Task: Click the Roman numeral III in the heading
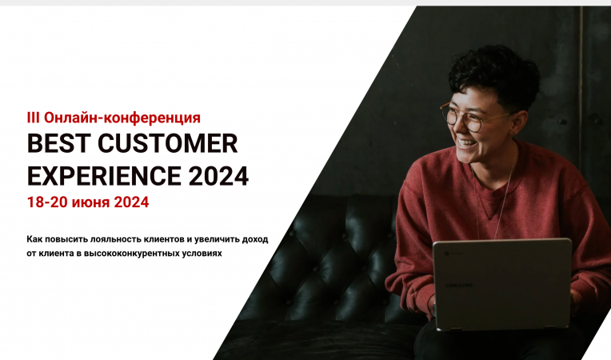pyautogui.click(x=34, y=118)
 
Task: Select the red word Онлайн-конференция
pyautogui.click(x=122, y=118)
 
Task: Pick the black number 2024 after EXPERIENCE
pyautogui.click(x=219, y=175)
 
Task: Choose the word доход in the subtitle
pyautogui.click(x=254, y=239)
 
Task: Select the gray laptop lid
pyautogui.click(x=501, y=283)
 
